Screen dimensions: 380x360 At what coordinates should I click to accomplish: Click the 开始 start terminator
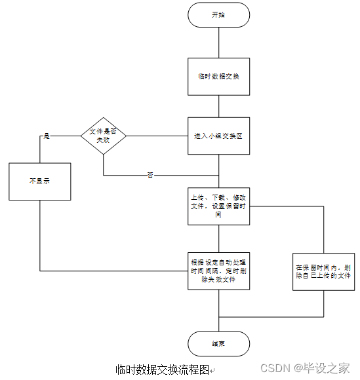[x=218, y=15]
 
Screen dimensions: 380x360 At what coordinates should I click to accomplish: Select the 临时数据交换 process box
[x=218, y=77]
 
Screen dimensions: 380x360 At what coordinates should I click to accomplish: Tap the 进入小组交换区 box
[x=218, y=136]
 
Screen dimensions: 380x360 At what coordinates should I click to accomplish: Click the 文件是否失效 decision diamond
[x=103, y=136]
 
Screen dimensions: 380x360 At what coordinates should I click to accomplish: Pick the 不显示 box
[x=39, y=181]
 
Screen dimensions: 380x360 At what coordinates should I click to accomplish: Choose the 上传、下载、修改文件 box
[x=218, y=206]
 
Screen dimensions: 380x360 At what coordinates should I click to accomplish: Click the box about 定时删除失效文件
[x=218, y=271]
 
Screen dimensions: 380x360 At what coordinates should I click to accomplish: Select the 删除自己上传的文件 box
[x=324, y=272]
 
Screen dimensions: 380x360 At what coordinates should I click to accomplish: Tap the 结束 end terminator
[x=218, y=343]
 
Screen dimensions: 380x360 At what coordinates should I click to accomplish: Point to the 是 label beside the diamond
[x=47, y=136]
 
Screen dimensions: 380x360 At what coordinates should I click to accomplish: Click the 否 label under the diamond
[x=150, y=176]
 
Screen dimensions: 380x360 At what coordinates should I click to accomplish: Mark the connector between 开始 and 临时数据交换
[x=218, y=43]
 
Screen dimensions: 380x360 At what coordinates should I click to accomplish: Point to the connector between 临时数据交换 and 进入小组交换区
[x=218, y=106]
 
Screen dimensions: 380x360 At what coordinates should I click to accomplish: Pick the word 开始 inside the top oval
[x=218, y=15]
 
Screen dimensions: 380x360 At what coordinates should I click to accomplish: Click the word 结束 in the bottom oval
[x=218, y=343]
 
